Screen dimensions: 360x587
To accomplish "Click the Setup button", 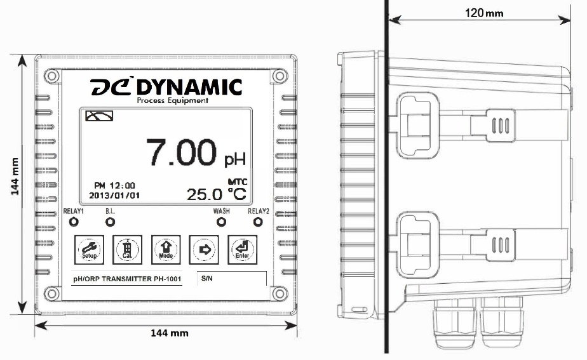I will pyautogui.click(x=88, y=249).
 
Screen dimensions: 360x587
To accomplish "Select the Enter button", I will pyautogui.click(x=241, y=249).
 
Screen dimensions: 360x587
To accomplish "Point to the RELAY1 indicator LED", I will pyautogui.click(x=74, y=222).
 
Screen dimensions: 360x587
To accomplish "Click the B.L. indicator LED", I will pyautogui.click(x=110, y=222).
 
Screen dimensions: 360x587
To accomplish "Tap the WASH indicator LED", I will pyautogui.click(x=221, y=222).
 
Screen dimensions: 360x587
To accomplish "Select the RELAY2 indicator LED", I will pyautogui.click(x=258, y=222).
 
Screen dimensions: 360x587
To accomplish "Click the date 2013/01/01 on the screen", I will pyautogui.click(x=115, y=196).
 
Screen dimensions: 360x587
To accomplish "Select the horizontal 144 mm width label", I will pyautogui.click(x=168, y=332).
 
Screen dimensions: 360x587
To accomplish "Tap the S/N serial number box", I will pyautogui.click(x=233, y=279).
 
